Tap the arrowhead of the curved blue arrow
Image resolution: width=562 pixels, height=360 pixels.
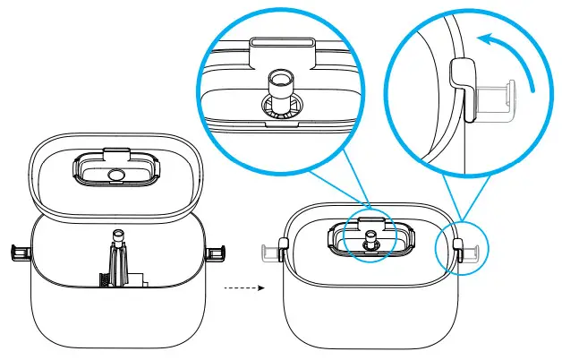coord(482,40)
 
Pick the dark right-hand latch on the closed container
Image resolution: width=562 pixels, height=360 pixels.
coord(460,254)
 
